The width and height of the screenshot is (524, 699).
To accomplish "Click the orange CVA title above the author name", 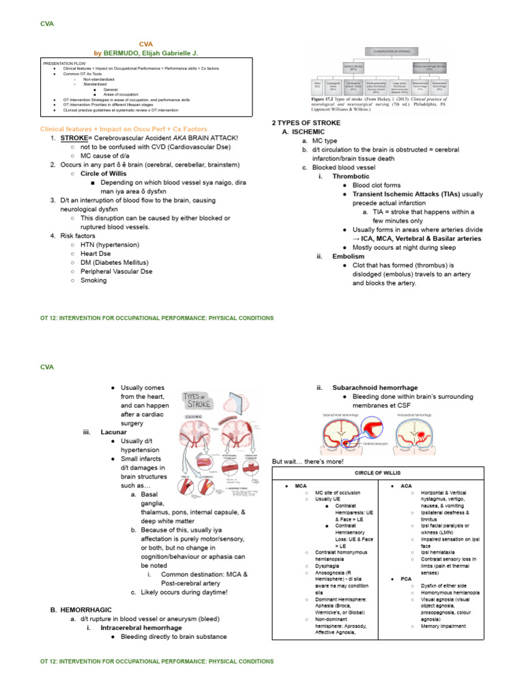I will pyautogui.click(x=147, y=43).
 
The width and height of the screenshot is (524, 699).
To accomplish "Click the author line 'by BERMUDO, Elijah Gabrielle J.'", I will pyautogui.click(x=147, y=53).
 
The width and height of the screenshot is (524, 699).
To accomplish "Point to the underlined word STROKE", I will pyautogui.click(x=74, y=138).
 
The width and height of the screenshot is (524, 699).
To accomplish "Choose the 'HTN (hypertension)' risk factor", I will pyautogui.click(x=110, y=244).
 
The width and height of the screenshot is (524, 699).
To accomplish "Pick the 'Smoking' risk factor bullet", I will pyautogui.click(x=93, y=280).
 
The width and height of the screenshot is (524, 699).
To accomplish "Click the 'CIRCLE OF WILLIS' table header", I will pyautogui.click(x=377, y=472).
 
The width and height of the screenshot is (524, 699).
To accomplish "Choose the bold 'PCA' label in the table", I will pyautogui.click(x=406, y=578).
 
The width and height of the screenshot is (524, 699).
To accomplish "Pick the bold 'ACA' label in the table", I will pyautogui.click(x=406, y=485).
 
